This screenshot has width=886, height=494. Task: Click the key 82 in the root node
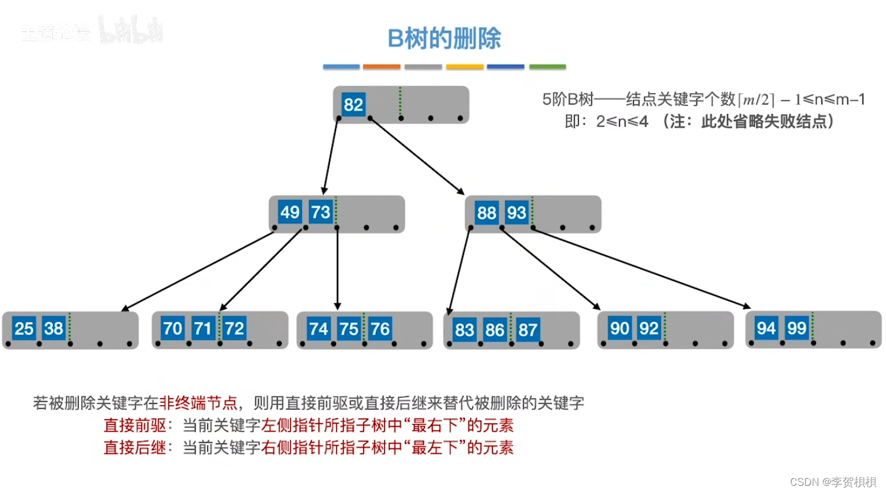[353, 104]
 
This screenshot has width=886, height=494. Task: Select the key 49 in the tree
[289, 212]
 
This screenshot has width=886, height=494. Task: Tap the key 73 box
[320, 212]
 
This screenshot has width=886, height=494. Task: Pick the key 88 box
[486, 213]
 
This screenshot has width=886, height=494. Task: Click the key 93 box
[516, 213]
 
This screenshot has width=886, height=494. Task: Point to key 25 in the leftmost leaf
[24, 328]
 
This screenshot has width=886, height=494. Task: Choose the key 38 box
[54, 328]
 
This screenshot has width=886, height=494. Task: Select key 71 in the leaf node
[203, 328]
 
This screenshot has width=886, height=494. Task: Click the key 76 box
[380, 328]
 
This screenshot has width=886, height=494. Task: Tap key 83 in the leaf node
[464, 330]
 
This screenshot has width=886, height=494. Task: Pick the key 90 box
[619, 328]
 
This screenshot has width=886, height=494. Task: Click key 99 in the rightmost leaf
[796, 328]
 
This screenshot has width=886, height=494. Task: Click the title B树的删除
[444, 39]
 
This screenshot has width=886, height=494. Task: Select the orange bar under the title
[382, 67]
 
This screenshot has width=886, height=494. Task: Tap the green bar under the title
[547, 67]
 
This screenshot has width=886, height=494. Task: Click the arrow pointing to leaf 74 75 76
[338, 271]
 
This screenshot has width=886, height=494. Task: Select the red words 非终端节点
[198, 403]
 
